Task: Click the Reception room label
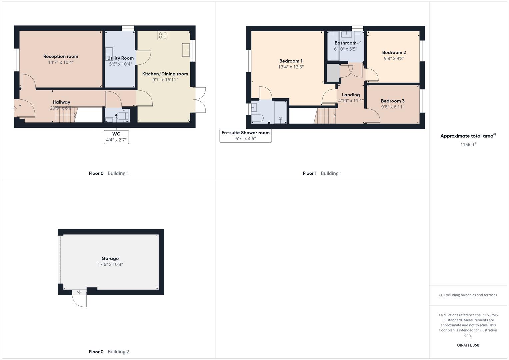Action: point(61,56)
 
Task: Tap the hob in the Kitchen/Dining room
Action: point(163,35)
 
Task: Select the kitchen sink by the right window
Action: point(186,50)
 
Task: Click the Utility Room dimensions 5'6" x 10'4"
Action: point(120,64)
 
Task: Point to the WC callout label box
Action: point(116,137)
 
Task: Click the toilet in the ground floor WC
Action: point(122,116)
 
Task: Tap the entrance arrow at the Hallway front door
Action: point(14,108)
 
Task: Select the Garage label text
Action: point(110,258)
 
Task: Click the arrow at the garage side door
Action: point(79,292)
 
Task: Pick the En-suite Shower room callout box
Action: point(245,136)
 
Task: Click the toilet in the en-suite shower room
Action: point(257,118)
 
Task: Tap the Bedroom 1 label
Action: point(291,61)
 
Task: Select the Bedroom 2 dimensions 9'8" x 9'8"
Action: point(394,58)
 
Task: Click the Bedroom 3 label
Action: point(393,101)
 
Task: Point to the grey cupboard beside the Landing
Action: point(332,73)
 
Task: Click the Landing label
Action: point(351,95)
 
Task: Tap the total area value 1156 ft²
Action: point(468,144)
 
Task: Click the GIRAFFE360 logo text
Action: point(468,345)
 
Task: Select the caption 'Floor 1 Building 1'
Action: point(322,173)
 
